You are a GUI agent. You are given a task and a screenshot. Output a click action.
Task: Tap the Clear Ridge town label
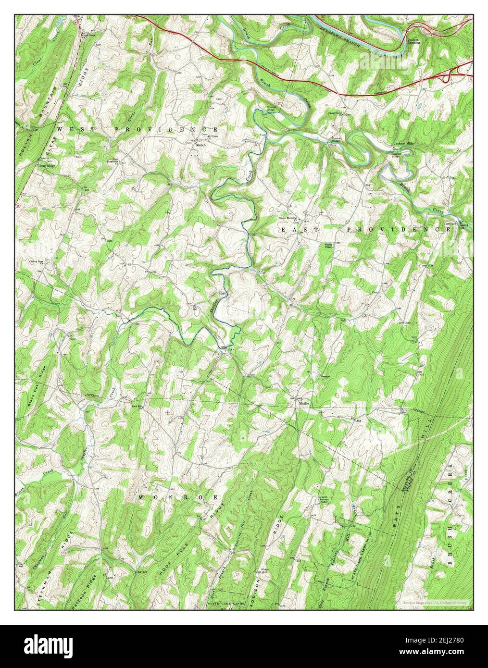point(47,166)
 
